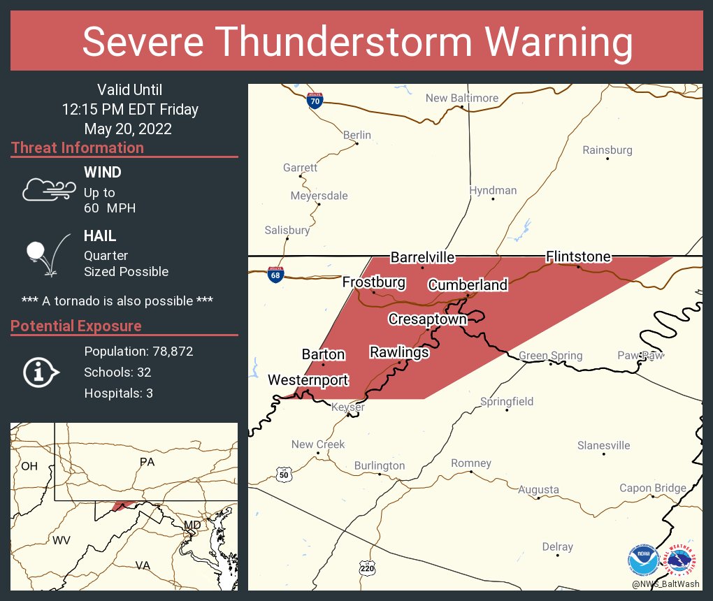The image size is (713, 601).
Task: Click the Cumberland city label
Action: click(468, 285)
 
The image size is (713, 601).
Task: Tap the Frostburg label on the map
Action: click(374, 282)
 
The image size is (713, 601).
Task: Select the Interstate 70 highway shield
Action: click(315, 101)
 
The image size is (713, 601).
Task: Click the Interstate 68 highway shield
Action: click(275, 274)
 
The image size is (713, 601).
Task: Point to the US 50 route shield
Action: click(282, 475)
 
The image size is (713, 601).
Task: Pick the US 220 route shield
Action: click(367, 568)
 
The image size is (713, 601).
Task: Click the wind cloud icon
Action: click(48, 189)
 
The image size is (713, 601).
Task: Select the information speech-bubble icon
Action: click(43, 372)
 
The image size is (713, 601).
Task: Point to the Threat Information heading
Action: click(78, 148)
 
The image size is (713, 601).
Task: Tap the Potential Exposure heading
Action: click(76, 326)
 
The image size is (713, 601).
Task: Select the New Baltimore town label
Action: click(462, 98)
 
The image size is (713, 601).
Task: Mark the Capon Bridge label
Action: click(653, 488)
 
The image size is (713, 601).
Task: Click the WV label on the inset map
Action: click(62, 540)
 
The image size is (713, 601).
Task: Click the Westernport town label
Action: click(308, 380)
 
